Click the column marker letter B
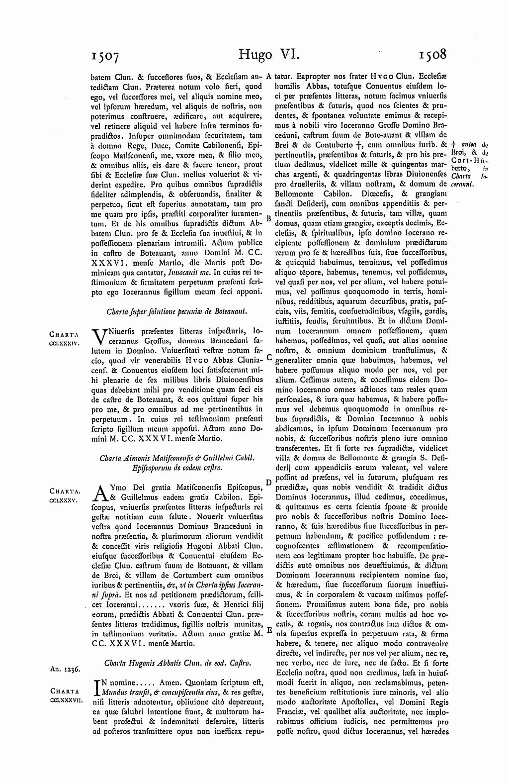[x=268, y=218]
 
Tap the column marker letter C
[x=268, y=357]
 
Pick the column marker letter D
[x=268, y=483]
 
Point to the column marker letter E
[x=268, y=630]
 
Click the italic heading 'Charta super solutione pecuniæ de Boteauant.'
[x=177, y=312]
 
